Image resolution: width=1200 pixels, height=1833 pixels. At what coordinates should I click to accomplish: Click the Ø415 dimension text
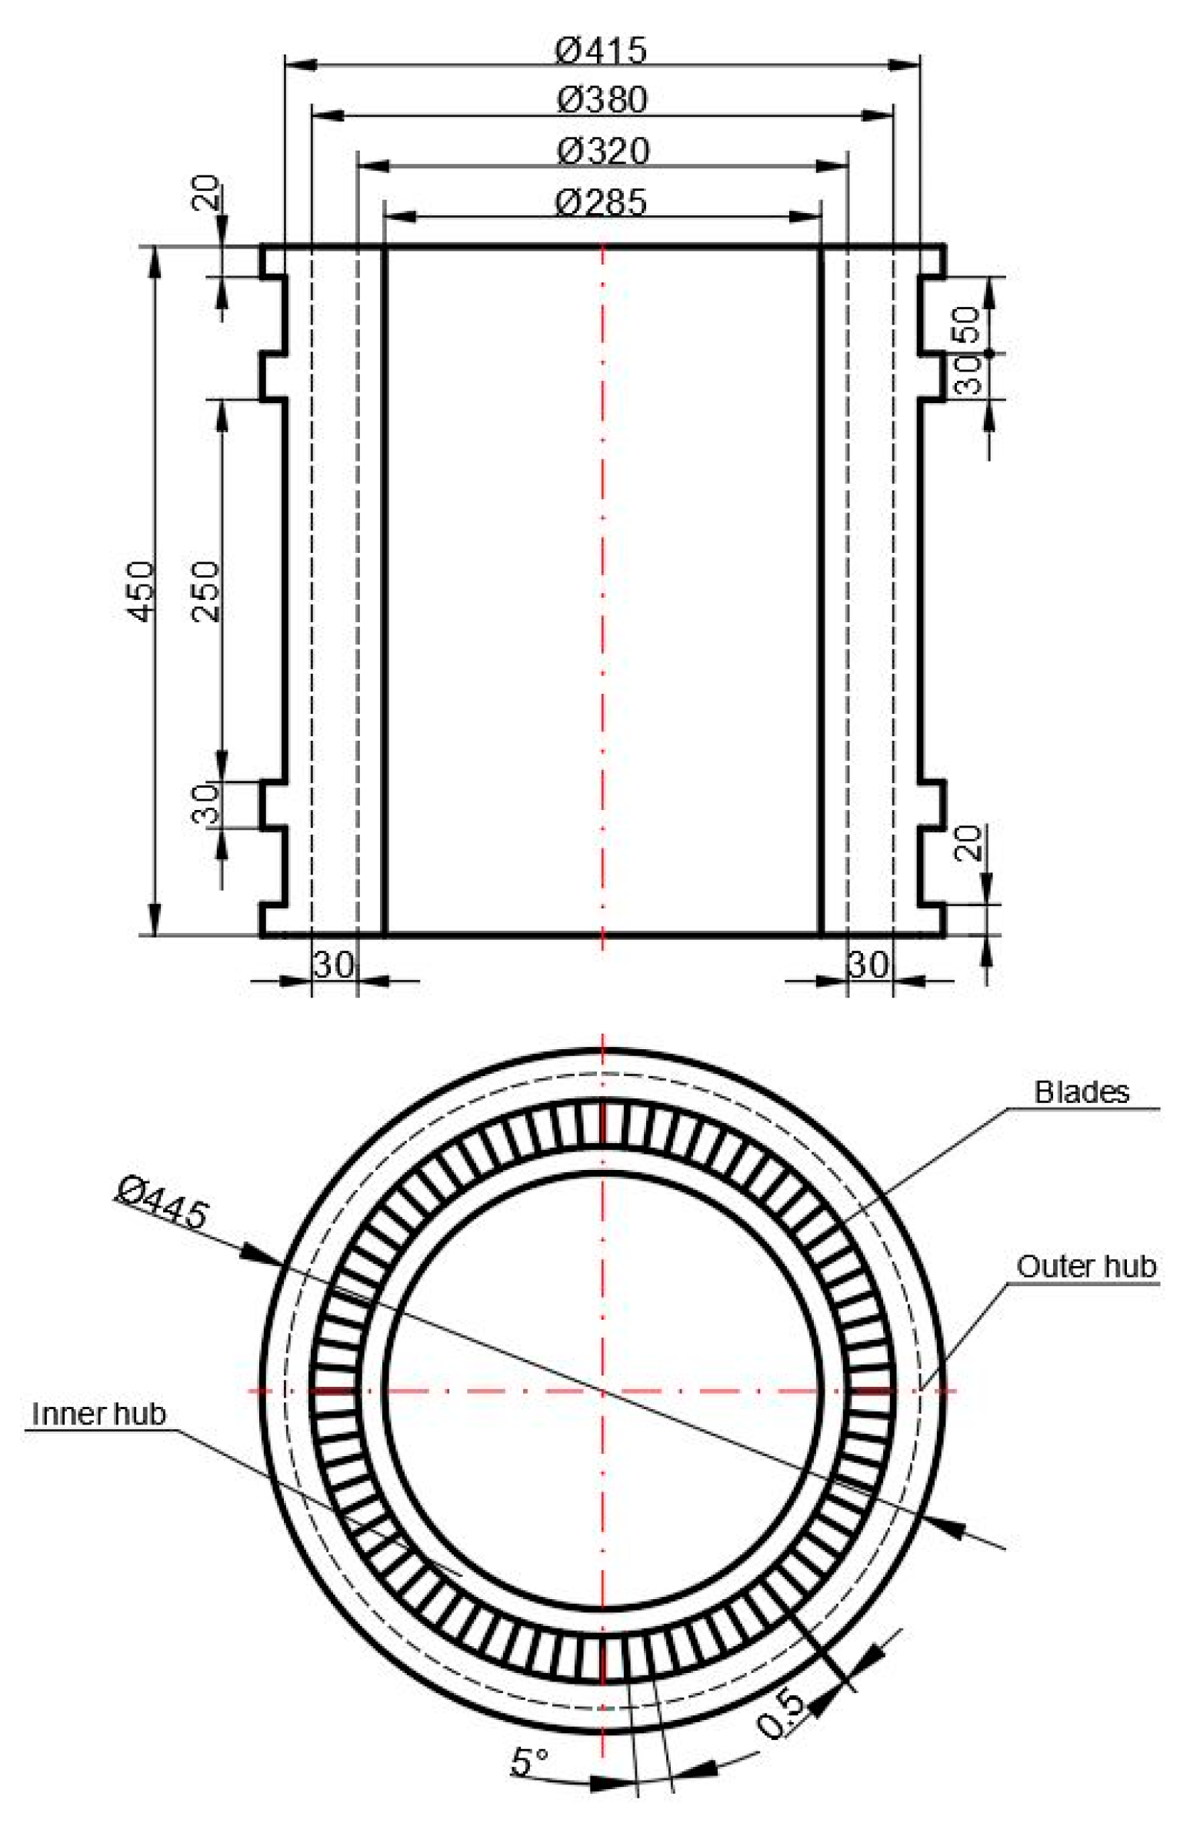pos(602,51)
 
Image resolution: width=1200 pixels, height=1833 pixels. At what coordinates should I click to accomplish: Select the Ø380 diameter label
pos(602,100)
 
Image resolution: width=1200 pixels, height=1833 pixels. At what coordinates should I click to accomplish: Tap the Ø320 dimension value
pos(602,151)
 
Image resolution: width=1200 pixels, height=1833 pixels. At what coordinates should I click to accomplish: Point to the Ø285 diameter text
pos(602,202)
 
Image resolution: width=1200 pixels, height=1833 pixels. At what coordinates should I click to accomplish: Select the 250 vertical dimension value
pos(205,591)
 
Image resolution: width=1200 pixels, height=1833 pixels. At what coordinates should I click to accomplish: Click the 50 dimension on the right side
pos(968,325)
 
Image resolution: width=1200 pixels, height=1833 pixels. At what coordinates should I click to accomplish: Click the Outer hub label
pos(1085,1266)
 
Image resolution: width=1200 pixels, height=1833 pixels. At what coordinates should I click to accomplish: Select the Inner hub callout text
pos(98,1413)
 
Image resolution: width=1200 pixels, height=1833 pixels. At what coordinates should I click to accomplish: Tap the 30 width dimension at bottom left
pos(334,965)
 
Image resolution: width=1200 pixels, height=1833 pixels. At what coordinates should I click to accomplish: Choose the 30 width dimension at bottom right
pos(868,965)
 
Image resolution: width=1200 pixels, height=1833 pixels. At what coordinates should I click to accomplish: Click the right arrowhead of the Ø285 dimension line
pos(805,216)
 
